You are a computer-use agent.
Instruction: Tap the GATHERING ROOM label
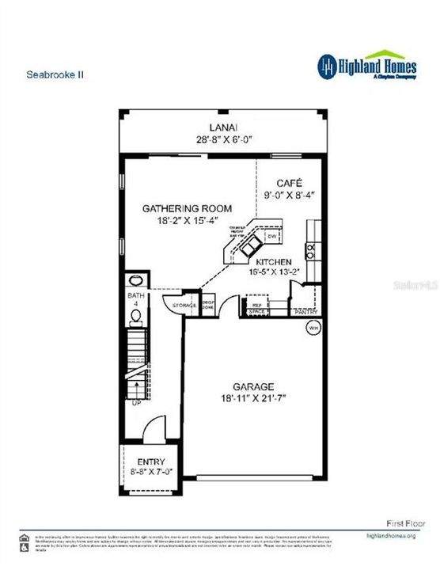(188, 208)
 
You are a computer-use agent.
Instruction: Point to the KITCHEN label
(273, 261)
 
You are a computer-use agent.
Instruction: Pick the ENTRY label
(150, 462)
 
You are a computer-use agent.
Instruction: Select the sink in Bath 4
(135, 281)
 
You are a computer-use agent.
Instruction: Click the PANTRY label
(305, 312)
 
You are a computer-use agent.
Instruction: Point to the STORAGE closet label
(184, 305)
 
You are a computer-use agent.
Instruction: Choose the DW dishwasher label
(271, 236)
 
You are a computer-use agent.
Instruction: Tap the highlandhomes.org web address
(391, 535)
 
